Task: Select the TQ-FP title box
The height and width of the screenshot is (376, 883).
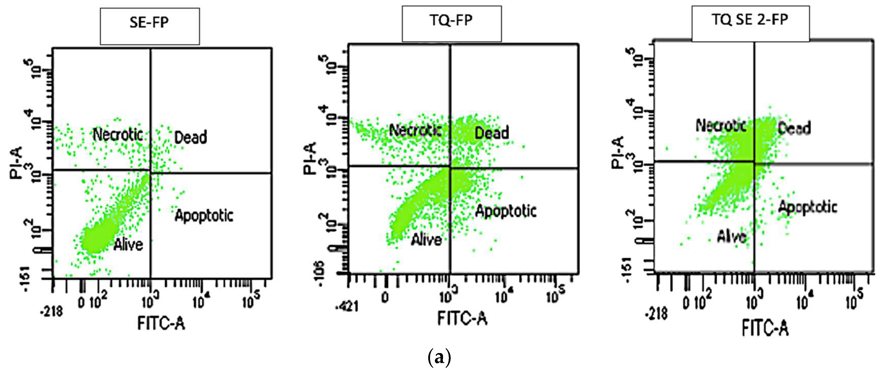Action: pyautogui.click(x=451, y=24)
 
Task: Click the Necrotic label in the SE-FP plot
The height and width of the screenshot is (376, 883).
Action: pyautogui.click(x=118, y=134)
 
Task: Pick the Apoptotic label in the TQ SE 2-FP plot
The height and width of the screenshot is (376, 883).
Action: pyautogui.click(x=808, y=207)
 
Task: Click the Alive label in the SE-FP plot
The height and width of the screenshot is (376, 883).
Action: pyautogui.click(x=128, y=245)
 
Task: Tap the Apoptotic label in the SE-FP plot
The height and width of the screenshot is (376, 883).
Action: pyautogui.click(x=204, y=216)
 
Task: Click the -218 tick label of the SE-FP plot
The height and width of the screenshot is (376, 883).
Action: pyautogui.click(x=52, y=311)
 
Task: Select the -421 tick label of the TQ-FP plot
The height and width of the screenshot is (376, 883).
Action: pyautogui.click(x=347, y=306)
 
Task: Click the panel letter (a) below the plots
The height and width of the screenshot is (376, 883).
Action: pyautogui.click(x=440, y=357)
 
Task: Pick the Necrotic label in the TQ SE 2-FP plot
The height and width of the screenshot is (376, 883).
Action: pyautogui.click(x=721, y=125)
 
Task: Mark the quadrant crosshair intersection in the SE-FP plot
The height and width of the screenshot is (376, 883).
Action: pyautogui.click(x=150, y=170)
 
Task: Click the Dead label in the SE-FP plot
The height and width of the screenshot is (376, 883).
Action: pyautogui.click(x=191, y=137)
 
